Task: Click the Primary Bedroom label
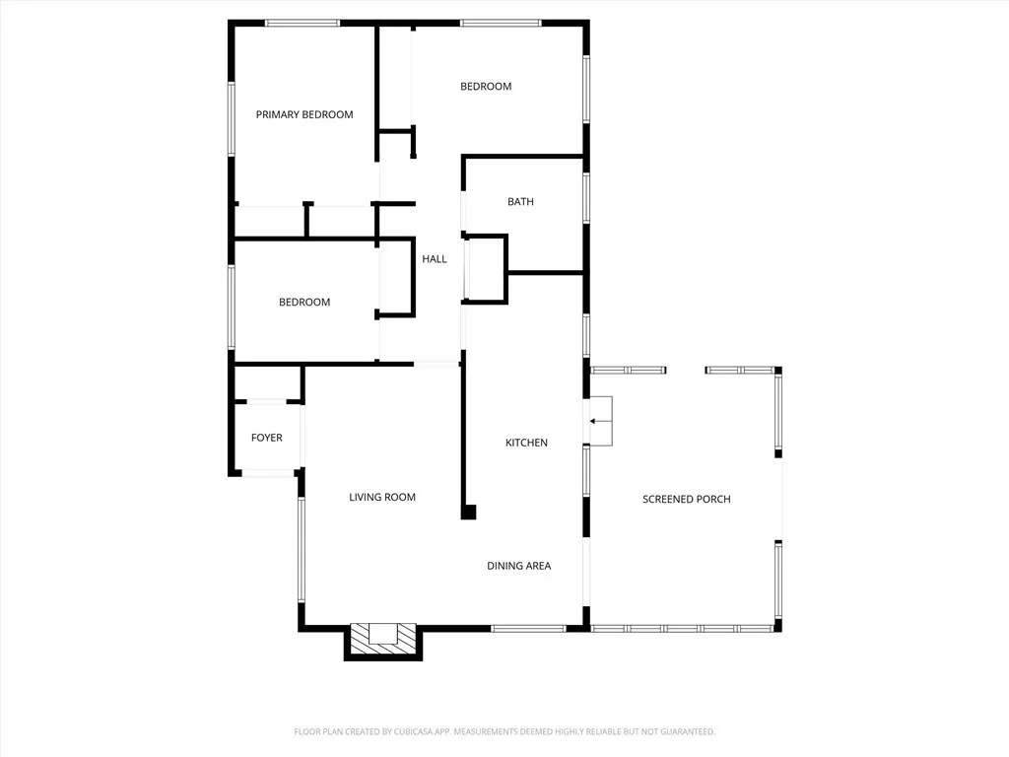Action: coord(303,115)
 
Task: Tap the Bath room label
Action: coord(520,202)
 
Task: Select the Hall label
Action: coord(435,259)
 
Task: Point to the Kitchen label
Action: coord(526,444)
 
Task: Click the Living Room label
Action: coord(382,498)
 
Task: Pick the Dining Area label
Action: coord(518,566)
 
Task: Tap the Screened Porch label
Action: coord(686,500)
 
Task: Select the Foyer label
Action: coord(266,438)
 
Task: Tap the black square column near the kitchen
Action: coord(469,512)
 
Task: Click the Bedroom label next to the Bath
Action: coord(486,87)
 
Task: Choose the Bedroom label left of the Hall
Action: coord(303,303)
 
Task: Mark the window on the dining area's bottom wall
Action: coord(528,628)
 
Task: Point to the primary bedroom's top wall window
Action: coord(302,23)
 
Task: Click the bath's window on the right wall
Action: coord(586,197)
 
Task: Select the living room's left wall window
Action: coord(302,549)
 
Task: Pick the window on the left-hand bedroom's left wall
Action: coord(233,307)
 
